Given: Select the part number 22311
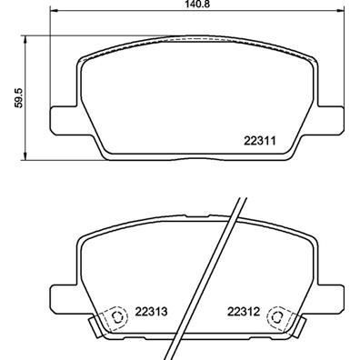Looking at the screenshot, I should (x=259, y=141).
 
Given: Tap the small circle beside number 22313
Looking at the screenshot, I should (x=115, y=318).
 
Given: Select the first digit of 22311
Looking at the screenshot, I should (x=246, y=141).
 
